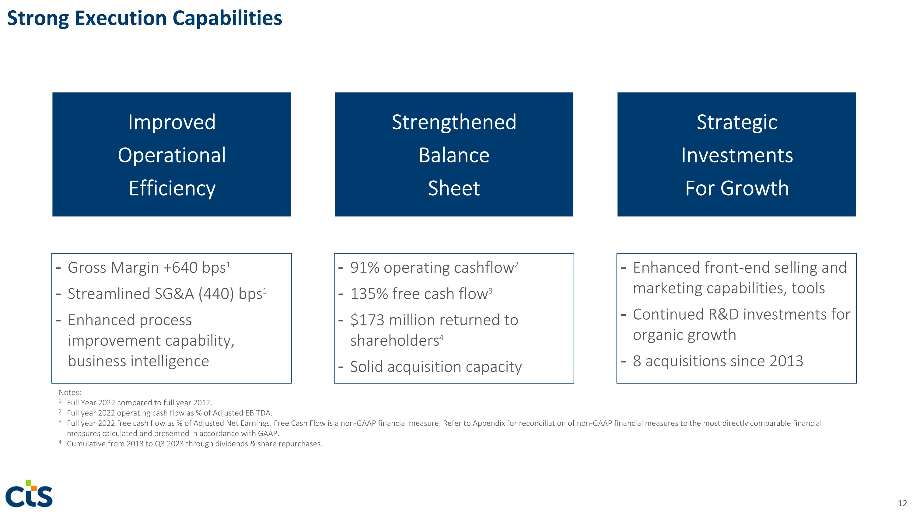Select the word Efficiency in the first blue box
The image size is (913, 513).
172,188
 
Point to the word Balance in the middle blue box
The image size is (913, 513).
454,155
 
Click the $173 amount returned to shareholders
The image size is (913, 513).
367,320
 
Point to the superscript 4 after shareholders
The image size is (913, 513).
441,338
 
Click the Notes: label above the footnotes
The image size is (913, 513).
70,392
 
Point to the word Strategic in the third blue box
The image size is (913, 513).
736,123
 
